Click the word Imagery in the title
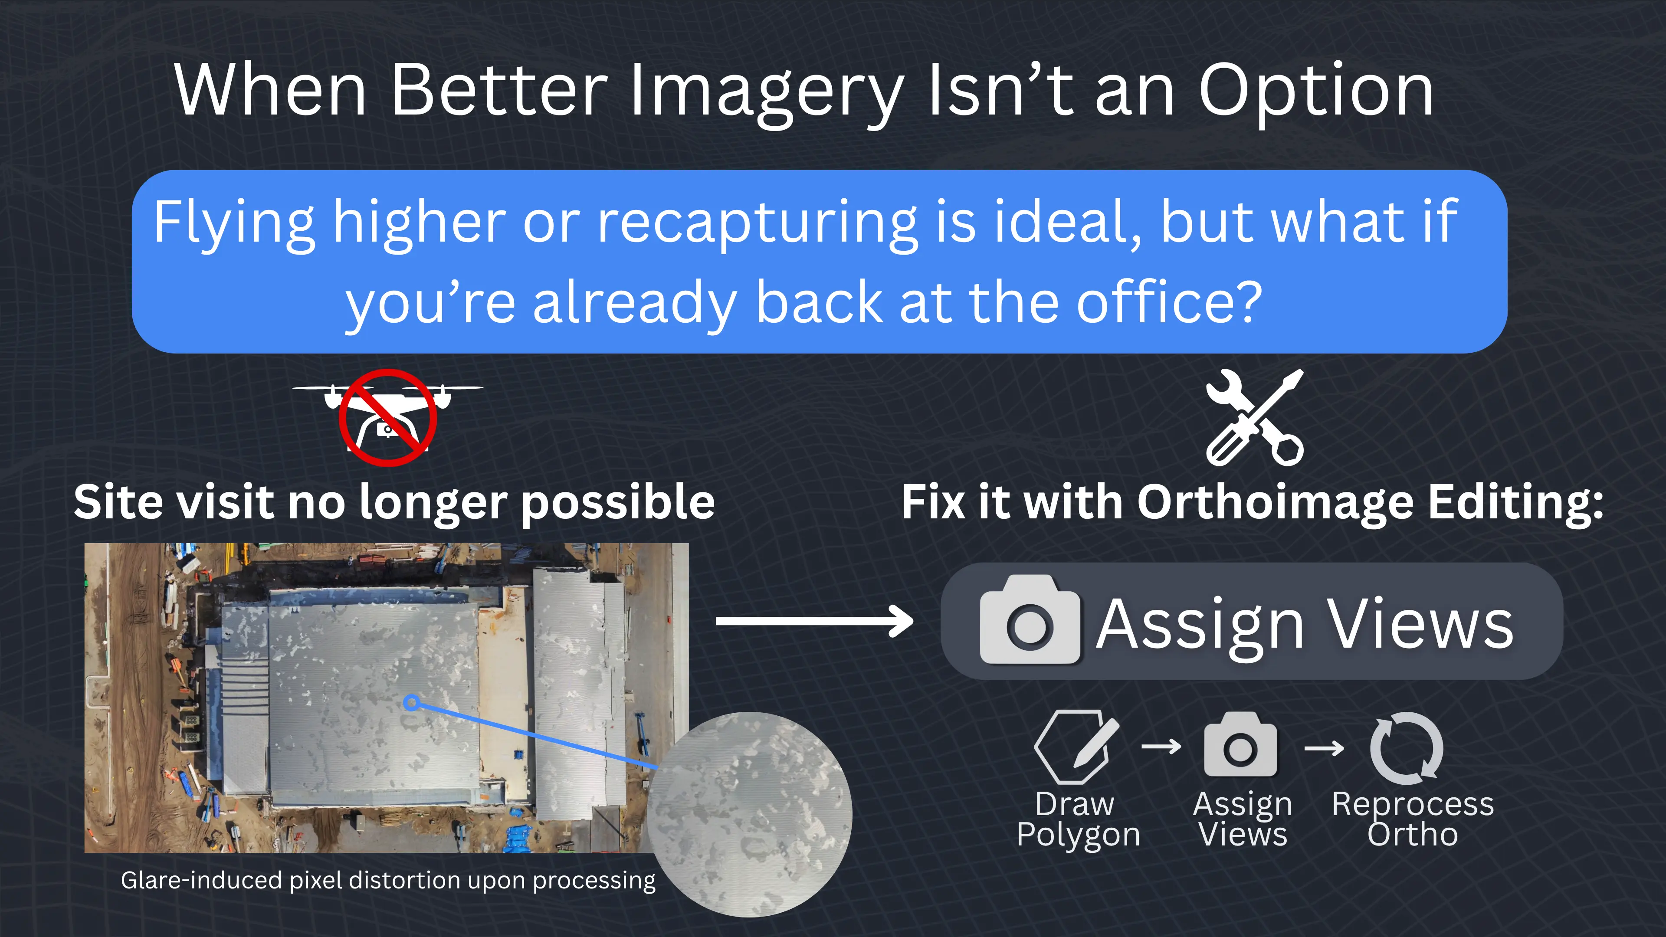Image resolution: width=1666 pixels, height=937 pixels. pyautogui.click(x=766, y=92)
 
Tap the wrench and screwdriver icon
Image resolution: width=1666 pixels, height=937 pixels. pyautogui.click(x=1255, y=417)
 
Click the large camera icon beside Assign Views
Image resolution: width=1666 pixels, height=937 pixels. pyautogui.click(x=1030, y=621)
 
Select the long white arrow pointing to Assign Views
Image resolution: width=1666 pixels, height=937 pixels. pyautogui.click(x=814, y=621)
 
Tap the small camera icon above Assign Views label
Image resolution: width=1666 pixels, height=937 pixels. pyautogui.click(x=1240, y=745)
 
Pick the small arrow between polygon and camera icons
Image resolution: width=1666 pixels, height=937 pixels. pyautogui.click(x=1161, y=747)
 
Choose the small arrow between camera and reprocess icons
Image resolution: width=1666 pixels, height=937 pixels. pyautogui.click(x=1324, y=749)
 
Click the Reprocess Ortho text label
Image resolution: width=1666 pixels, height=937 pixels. pyautogui.click(x=1413, y=819)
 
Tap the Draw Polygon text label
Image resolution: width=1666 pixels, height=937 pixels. pyautogui.click(x=1077, y=819)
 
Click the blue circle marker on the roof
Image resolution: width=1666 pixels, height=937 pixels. pyautogui.click(x=411, y=702)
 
